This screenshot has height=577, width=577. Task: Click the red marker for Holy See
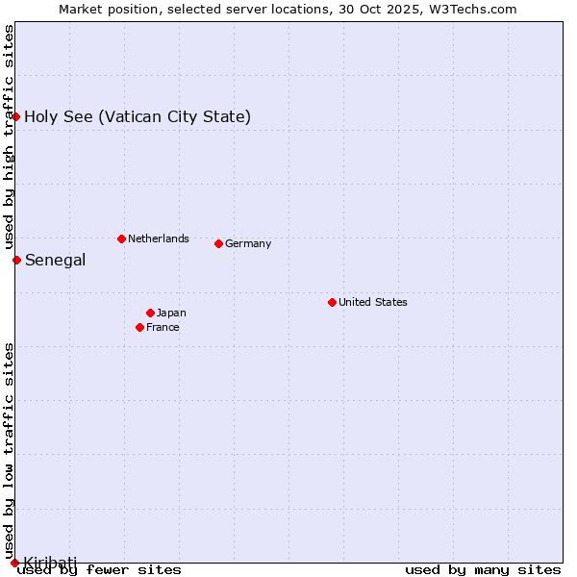tap(16, 116)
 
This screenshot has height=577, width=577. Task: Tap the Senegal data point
tap(16, 260)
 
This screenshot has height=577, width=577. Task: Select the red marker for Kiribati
tap(14, 563)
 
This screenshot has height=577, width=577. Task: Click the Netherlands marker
tap(121, 238)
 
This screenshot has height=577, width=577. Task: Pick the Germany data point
tap(218, 243)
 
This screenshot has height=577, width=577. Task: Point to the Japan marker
tap(150, 313)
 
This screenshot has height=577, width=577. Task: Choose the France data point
tap(140, 327)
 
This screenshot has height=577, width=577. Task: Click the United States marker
tap(332, 302)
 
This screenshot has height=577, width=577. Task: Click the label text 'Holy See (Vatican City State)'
tap(138, 117)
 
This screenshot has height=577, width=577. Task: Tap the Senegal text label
tap(55, 260)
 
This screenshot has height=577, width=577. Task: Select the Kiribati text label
tap(50, 562)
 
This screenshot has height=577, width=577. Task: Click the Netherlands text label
tap(158, 238)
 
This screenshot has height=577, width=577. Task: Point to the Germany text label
tap(248, 243)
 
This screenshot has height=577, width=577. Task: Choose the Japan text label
tap(171, 313)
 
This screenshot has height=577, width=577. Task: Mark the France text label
tap(163, 327)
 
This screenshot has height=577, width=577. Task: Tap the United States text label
tap(372, 302)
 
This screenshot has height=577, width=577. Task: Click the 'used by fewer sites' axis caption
tap(99, 570)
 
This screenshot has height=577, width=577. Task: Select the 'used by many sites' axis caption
tap(483, 570)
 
